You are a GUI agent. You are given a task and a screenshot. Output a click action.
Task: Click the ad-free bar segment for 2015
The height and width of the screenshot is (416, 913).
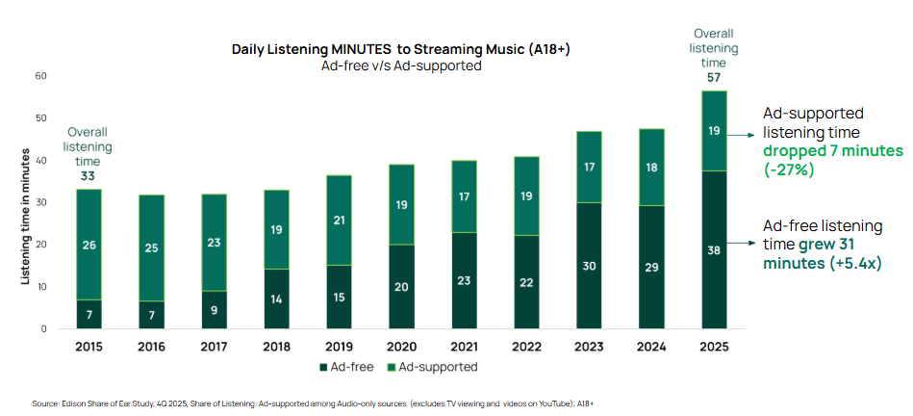pyautogui.click(x=89, y=314)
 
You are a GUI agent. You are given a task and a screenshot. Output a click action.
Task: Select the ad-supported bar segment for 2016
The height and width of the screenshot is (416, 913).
pyautogui.click(x=151, y=247)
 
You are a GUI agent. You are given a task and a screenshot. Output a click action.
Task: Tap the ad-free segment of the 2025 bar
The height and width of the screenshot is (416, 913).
pyautogui.click(x=714, y=249)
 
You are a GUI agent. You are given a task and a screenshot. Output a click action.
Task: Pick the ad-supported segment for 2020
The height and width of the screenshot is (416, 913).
pyautogui.click(x=401, y=204)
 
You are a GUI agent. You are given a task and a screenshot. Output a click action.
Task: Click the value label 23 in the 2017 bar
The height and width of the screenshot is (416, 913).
pyautogui.click(x=214, y=244)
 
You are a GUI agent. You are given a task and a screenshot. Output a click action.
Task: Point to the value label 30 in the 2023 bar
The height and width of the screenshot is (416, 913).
pyautogui.click(x=589, y=267)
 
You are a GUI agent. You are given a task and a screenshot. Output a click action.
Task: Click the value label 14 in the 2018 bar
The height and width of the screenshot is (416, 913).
pyautogui.click(x=276, y=299)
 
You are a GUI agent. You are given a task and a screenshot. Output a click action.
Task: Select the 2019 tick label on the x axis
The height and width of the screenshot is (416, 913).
pyautogui.click(x=339, y=345)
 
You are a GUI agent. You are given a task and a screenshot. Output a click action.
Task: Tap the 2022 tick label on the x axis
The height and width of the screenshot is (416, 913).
pyautogui.click(x=526, y=345)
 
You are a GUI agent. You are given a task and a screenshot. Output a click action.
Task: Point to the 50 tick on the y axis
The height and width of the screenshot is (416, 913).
pyautogui.click(x=40, y=118)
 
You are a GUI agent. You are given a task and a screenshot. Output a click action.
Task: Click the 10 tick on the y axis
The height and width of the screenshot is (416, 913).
pyautogui.click(x=40, y=287)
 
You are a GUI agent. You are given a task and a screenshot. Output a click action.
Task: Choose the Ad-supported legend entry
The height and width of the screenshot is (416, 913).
pyautogui.click(x=435, y=367)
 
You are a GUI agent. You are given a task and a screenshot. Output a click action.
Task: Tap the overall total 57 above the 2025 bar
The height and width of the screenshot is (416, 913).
pyautogui.click(x=714, y=77)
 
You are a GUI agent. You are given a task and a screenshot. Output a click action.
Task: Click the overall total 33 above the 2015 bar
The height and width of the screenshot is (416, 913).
pyautogui.click(x=89, y=176)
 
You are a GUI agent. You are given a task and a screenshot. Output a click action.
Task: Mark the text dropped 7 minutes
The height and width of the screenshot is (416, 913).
pyautogui.click(x=832, y=151)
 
